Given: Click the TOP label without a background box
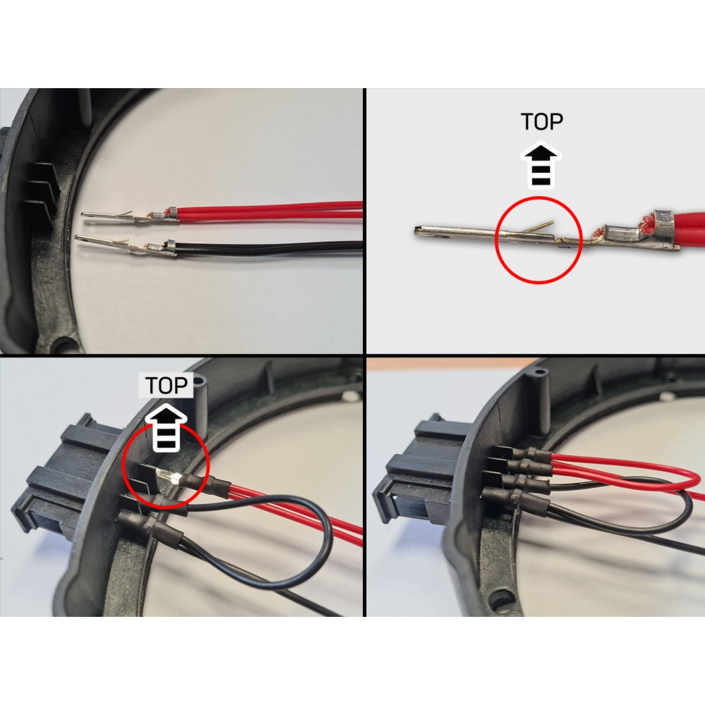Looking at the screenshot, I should tap(541, 122).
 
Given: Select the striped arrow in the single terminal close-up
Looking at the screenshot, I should tap(540, 166).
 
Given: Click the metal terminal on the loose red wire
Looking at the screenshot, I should tap(127, 214).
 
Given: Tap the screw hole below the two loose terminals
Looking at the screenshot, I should tap(66, 345).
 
